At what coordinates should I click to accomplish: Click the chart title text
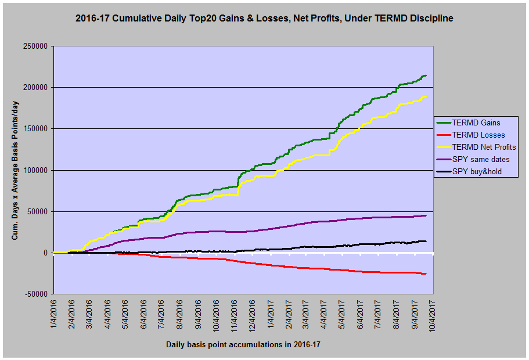[x=264, y=19]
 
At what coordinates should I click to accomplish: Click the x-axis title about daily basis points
[x=243, y=344]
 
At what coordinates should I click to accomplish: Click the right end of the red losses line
[x=426, y=274]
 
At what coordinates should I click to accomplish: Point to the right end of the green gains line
[x=426, y=75]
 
